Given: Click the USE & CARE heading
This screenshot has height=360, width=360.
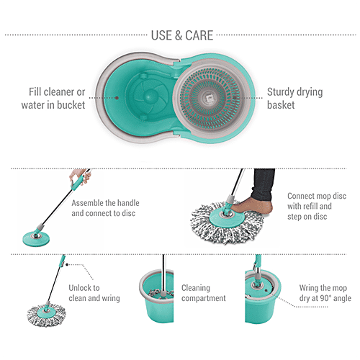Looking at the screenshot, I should (181, 35).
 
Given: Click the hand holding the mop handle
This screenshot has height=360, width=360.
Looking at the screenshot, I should (78, 177).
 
